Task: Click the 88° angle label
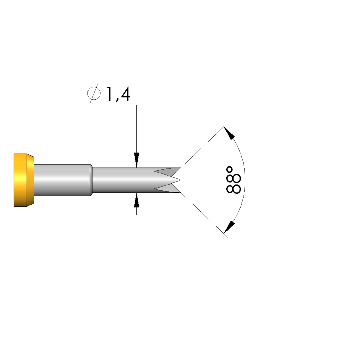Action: pyautogui.click(x=234, y=180)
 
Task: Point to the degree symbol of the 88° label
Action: pyautogui.click(x=229, y=170)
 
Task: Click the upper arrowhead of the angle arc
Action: pyautogui.click(x=229, y=133)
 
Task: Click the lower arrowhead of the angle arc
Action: pyautogui.click(x=229, y=227)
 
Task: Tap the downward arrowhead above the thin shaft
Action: pyautogui.click(x=137, y=160)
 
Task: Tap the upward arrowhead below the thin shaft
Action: pyautogui.click(x=137, y=200)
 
